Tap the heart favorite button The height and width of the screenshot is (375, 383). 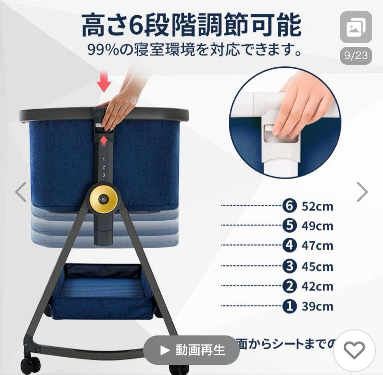click(354, 351)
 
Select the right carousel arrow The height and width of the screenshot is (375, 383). click(362, 192)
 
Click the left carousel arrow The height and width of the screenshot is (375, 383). click(21, 192)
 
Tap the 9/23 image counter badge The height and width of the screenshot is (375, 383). click(356, 56)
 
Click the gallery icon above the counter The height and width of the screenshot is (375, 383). click(356, 27)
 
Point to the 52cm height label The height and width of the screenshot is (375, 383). click(317, 206)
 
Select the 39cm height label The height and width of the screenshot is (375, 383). click(317, 307)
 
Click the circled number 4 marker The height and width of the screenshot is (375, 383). click(290, 246)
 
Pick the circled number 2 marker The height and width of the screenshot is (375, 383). click(290, 286)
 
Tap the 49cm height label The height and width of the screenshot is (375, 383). click(317, 226)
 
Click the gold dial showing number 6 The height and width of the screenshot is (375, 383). click(103, 199)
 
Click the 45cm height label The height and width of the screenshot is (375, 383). click(317, 266)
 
